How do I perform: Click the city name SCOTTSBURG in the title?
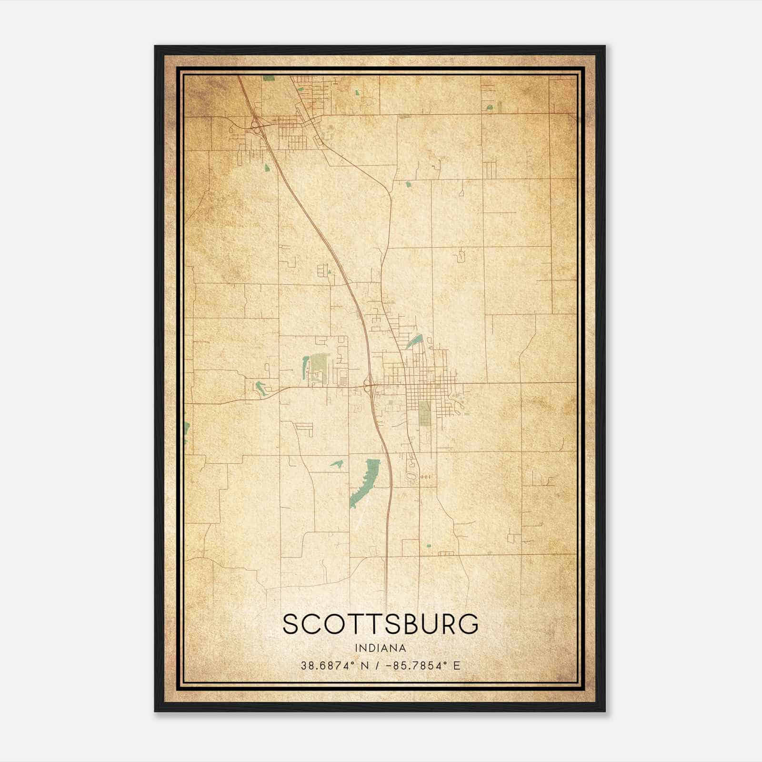tap(381, 624)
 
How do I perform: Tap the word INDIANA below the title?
tap(381, 648)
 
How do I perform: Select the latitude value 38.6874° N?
tap(335, 666)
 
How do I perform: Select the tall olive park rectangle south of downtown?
tap(424, 412)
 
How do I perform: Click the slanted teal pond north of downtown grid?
tap(414, 341)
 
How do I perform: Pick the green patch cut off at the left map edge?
tap(187, 431)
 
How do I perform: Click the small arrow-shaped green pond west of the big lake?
tap(337, 463)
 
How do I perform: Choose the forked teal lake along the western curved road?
tap(260, 388)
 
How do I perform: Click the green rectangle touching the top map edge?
tap(269, 77)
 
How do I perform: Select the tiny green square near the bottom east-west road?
tap(428, 546)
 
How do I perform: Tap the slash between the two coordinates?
tap(378, 666)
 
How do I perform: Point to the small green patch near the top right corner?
tap(489, 107)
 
